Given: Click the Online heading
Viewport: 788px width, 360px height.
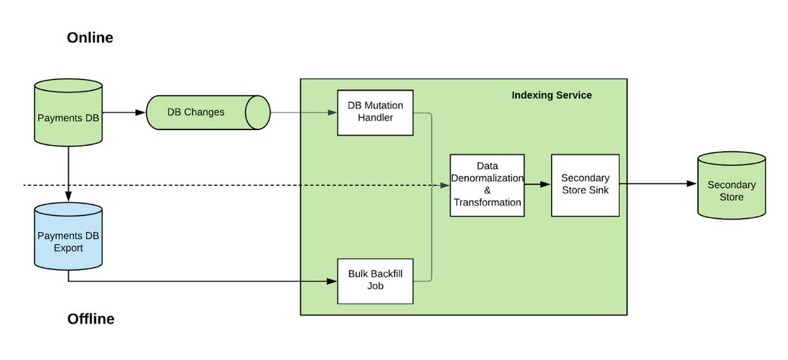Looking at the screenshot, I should (90, 38).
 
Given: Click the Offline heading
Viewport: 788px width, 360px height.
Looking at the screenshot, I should (91, 319).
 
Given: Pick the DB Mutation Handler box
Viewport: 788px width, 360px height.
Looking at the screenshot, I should (375, 112).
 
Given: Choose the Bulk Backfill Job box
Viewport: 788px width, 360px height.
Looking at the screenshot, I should (375, 281).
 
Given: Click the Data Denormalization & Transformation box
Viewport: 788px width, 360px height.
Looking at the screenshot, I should (487, 185).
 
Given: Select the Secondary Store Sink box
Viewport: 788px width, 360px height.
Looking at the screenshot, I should (585, 185).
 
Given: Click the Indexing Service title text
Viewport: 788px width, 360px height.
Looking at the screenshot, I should (552, 96).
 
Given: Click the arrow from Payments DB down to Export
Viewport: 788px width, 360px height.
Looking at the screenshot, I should (68, 171).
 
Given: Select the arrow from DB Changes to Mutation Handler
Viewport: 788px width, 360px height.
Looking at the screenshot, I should (302, 112).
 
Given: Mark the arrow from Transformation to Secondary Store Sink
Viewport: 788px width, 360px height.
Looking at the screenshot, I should (538, 185).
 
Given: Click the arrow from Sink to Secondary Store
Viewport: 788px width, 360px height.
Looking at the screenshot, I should (657, 184).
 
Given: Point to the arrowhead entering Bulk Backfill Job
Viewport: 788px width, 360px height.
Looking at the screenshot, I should (332, 282).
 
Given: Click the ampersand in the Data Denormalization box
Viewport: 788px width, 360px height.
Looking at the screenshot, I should (487, 191).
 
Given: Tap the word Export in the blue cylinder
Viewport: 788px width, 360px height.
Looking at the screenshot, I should (68, 248).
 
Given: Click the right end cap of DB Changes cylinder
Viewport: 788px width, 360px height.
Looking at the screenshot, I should (257, 113).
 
